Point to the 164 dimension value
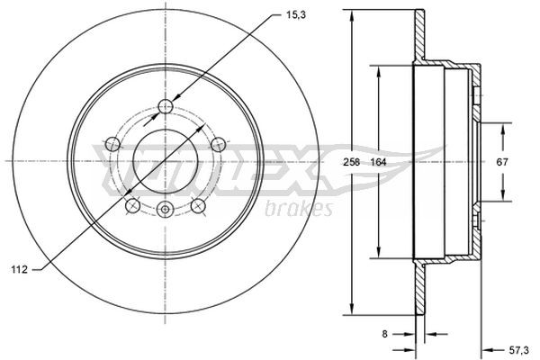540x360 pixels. click(381, 162)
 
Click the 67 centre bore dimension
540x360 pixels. click(502, 162)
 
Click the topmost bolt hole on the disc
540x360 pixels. click(165, 107)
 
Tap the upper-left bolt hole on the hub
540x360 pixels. click(112, 143)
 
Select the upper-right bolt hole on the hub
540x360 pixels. click(217, 143)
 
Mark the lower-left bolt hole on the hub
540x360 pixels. click(132, 205)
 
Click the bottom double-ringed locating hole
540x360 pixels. click(165, 210)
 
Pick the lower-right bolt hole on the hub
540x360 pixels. click(197, 205)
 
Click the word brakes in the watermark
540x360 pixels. click(299, 209)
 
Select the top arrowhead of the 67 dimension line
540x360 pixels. click(502, 126)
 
